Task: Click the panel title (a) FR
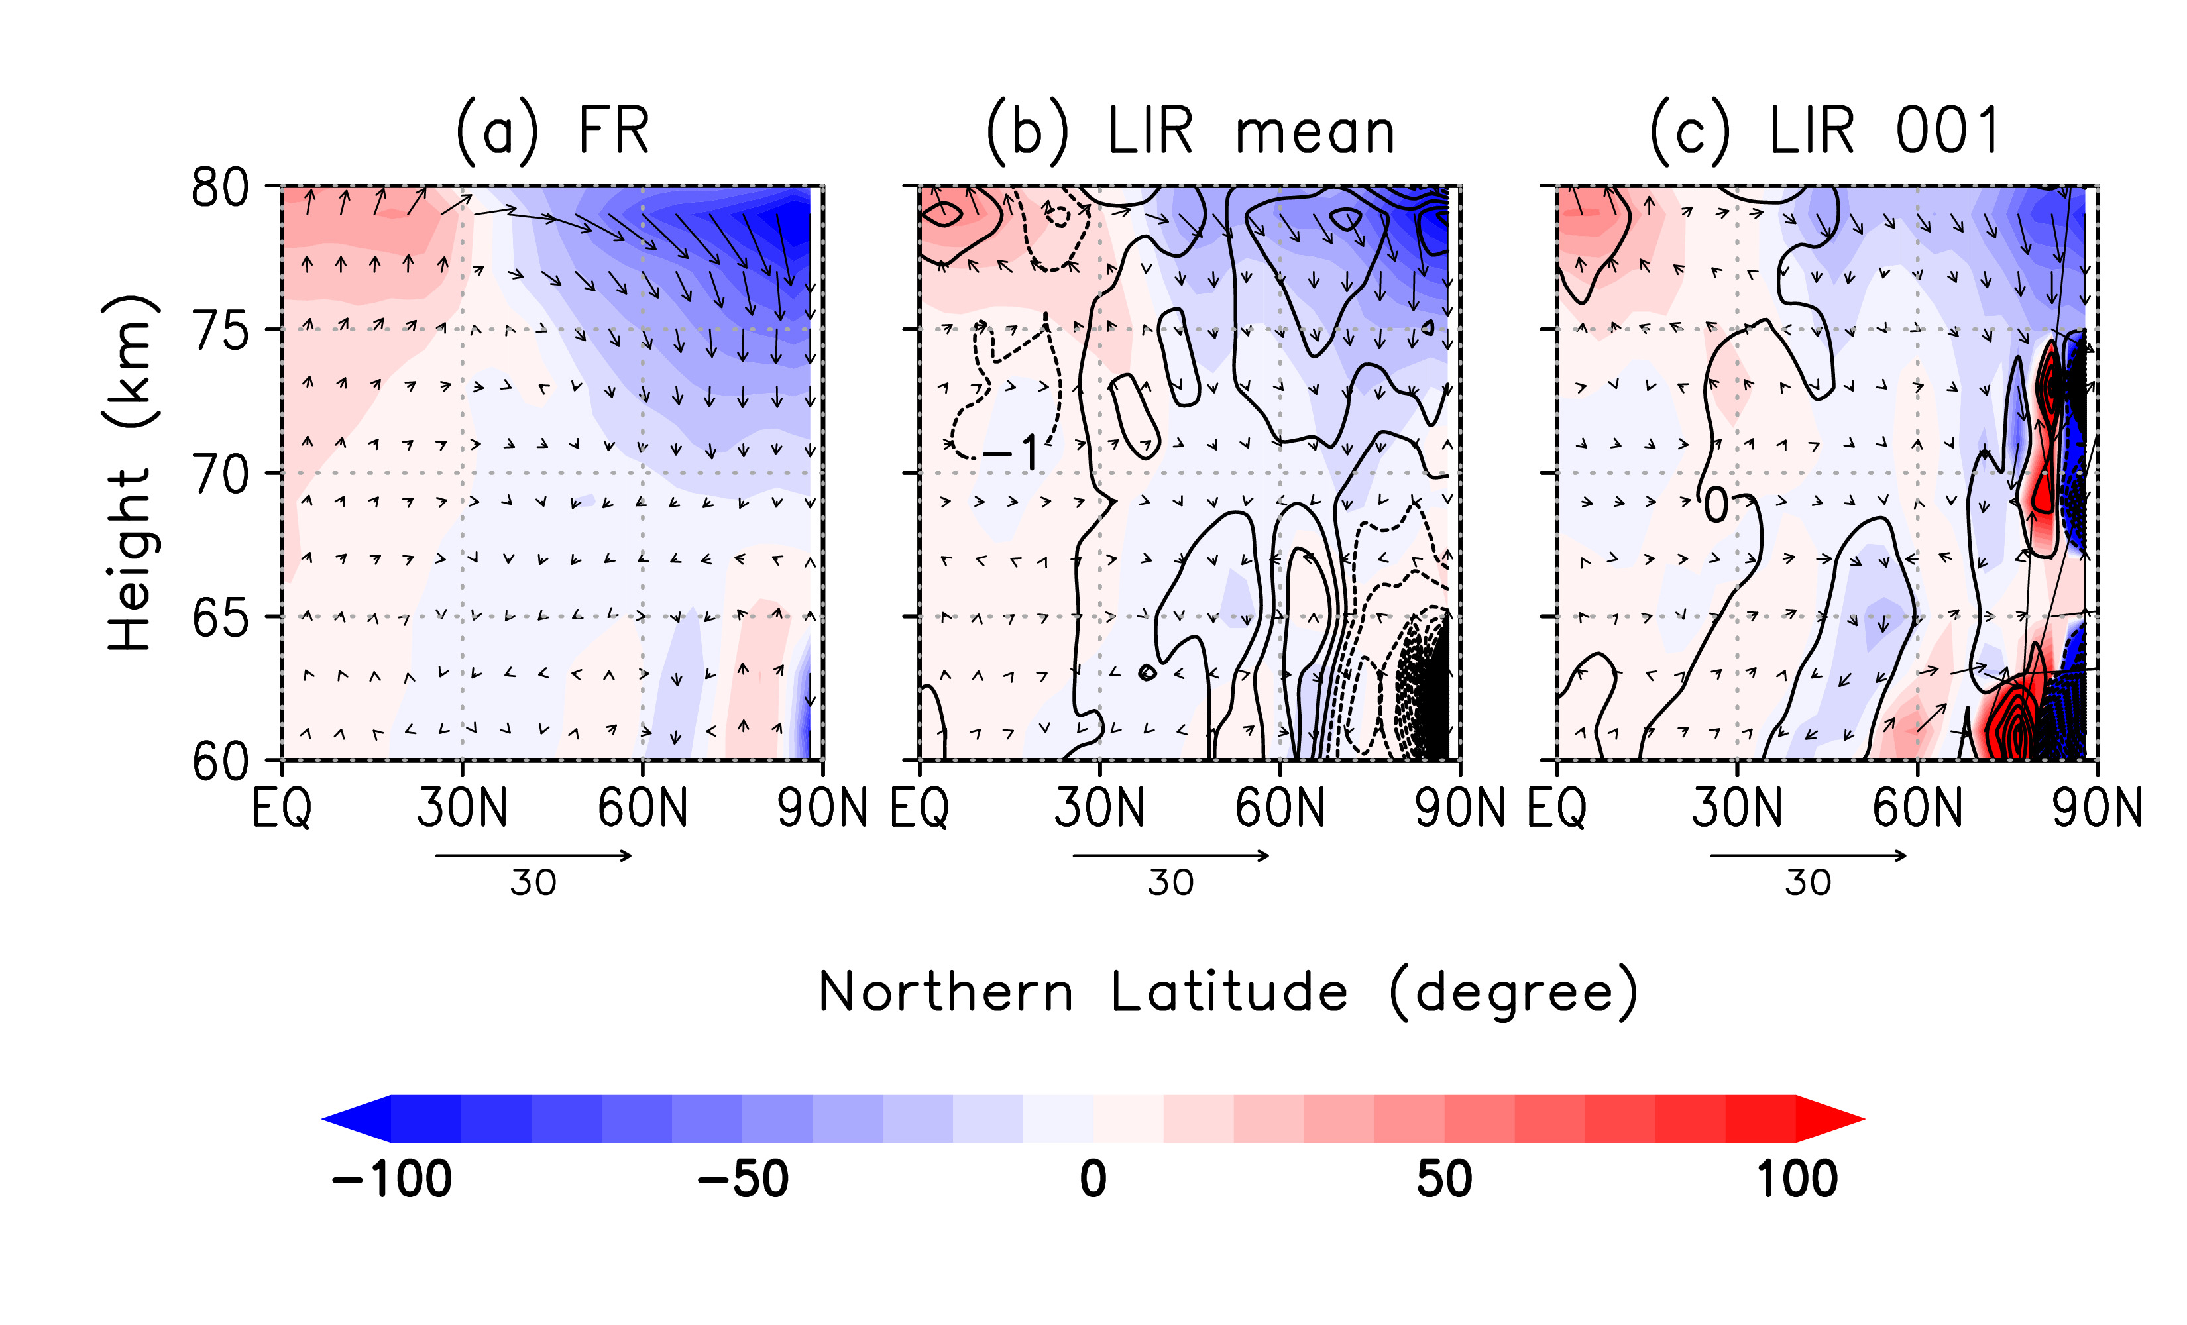(x=552, y=131)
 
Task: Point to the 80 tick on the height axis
(x=220, y=187)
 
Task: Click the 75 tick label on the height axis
(x=220, y=331)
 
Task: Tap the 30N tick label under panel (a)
(x=461, y=808)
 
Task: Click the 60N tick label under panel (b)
(x=1280, y=808)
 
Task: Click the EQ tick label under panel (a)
(x=282, y=808)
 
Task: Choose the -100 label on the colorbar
(x=392, y=1179)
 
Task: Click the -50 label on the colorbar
(x=742, y=1179)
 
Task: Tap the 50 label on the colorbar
(x=1444, y=1179)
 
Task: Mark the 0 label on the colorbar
(x=1093, y=1179)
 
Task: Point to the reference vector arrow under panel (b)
(x=1171, y=855)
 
